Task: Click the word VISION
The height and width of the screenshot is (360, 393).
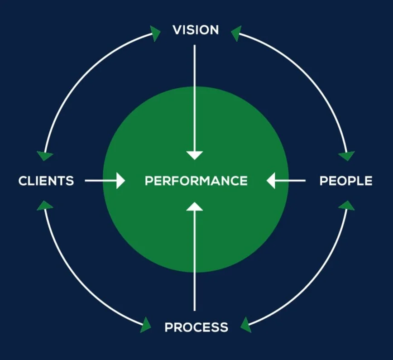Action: coord(196,30)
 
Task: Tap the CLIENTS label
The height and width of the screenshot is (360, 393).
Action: coord(46,181)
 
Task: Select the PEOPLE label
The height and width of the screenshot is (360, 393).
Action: coord(346,181)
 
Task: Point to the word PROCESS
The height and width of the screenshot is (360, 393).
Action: coord(196,327)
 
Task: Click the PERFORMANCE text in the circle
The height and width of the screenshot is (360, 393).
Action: coord(196,181)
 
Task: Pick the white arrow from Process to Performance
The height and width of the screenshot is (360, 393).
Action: coord(195,258)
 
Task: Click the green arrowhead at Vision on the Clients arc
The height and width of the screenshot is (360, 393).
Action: coord(155,33)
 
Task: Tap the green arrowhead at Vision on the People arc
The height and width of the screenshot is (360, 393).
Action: coord(236,33)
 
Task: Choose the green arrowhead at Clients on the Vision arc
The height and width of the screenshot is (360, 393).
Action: coord(45,155)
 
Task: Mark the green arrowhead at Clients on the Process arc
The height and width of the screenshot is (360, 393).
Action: coord(44,206)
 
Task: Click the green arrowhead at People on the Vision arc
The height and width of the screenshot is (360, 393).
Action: coord(347,155)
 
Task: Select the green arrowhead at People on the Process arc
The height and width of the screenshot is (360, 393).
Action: coord(347,206)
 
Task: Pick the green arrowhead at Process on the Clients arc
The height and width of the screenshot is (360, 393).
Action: coord(146,324)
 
